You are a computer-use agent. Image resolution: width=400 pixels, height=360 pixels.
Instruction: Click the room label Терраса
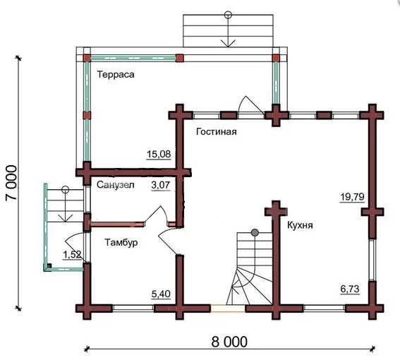tap(116, 75)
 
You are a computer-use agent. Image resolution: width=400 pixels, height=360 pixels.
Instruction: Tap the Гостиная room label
tap(217, 132)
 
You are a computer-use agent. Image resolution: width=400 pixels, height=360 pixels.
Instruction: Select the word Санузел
tap(115, 185)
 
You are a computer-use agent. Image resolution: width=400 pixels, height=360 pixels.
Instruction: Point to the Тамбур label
tap(121, 242)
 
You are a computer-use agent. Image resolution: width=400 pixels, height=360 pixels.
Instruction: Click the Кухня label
tap(300, 225)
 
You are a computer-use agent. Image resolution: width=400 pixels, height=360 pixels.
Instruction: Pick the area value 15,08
tap(159, 154)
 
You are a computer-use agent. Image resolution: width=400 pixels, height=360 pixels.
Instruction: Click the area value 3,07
tap(160, 185)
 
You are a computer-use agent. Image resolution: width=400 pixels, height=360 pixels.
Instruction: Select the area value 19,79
tap(352, 197)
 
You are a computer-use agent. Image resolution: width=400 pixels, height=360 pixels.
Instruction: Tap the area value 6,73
tap(350, 289)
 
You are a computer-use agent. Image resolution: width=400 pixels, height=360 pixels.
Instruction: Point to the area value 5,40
tap(161, 294)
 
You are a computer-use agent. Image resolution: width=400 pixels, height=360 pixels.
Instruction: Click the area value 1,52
tap(72, 255)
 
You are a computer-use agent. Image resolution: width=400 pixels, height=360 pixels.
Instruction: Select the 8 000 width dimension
tap(229, 342)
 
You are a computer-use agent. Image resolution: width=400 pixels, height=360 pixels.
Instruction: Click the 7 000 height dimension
tap(12, 183)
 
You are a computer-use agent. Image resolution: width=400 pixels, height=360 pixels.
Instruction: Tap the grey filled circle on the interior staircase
tap(255, 233)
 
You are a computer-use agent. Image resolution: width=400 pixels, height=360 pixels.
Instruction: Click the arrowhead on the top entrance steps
tap(228, 43)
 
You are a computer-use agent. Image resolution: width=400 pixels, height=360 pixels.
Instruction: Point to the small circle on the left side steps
tap(66, 189)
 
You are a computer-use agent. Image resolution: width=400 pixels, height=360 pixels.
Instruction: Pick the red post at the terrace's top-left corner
tap(87, 58)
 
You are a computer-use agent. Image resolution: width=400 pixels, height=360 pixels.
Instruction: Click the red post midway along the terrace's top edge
tap(180, 58)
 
